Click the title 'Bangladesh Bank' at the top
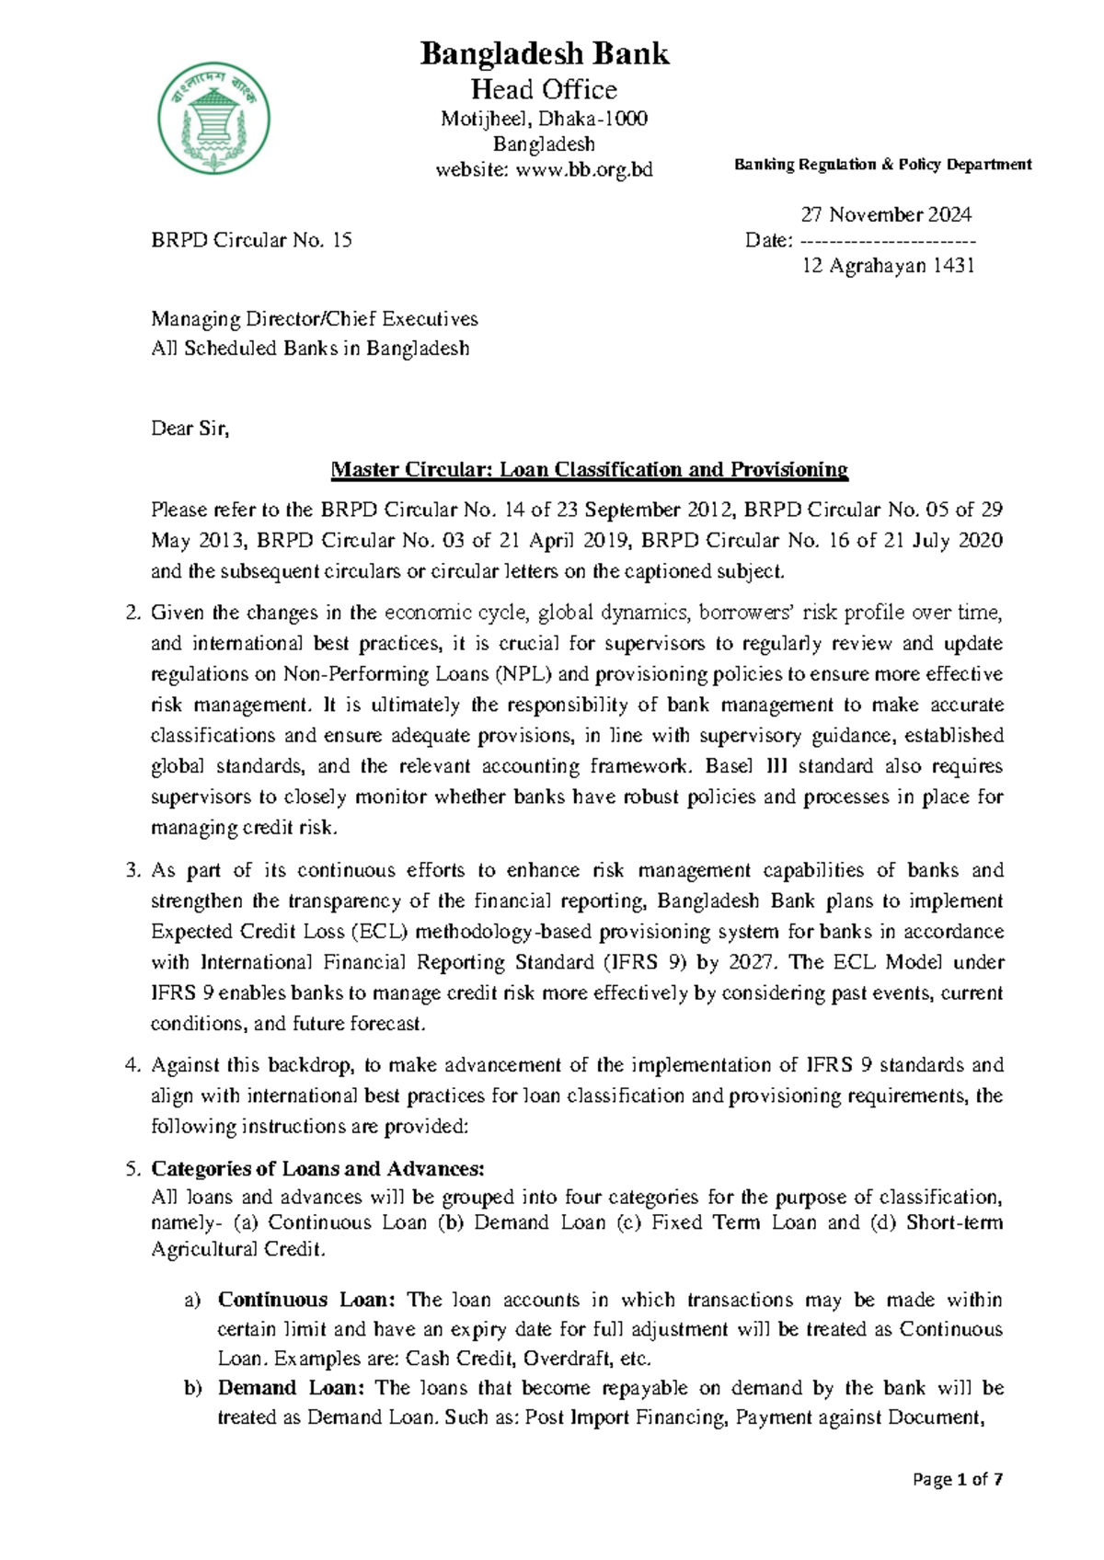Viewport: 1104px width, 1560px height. point(545,54)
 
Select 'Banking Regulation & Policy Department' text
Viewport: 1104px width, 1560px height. point(882,165)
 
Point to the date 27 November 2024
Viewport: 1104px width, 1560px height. point(885,214)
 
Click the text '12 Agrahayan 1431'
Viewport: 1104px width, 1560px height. point(888,266)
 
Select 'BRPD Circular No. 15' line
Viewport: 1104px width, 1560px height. point(251,240)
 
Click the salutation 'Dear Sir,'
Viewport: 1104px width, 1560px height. point(190,428)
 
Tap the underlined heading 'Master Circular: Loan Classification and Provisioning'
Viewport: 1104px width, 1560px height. point(589,470)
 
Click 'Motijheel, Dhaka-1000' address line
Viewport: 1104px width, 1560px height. point(545,119)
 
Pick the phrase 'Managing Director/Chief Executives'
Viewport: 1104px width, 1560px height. point(315,319)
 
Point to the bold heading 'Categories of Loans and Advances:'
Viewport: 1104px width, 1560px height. point(317,1168)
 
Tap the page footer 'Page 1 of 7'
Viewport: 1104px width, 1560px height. point(957,1479)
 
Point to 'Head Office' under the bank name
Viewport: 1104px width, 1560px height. point(545,89)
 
